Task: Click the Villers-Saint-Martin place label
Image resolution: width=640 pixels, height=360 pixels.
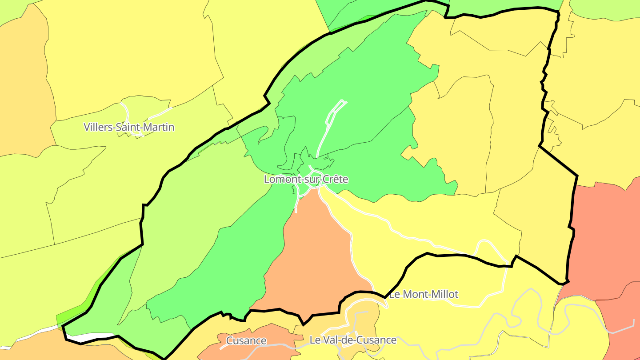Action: (129, 128)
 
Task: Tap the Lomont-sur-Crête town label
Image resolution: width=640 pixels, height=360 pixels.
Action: (306, 180)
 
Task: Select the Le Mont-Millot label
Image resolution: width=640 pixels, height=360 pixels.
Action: (423, 294)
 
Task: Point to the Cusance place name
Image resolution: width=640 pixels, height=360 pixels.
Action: (246, 341)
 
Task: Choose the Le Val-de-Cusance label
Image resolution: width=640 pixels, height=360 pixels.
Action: (352, 340)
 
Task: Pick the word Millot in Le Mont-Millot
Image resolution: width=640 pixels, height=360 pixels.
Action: (443, 294)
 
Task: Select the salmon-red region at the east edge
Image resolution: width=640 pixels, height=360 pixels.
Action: (604, 231)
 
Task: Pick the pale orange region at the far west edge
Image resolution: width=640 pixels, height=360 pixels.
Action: (22, 89)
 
